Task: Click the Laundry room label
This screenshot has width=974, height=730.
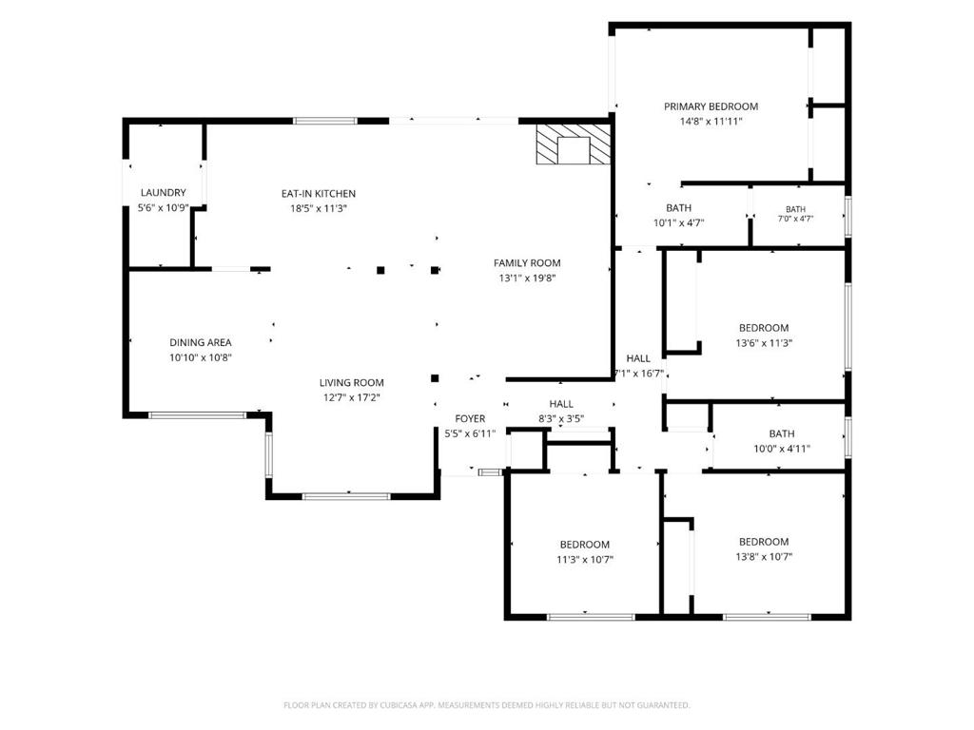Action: click(x=163, y=192)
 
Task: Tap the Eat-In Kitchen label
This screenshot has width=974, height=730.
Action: click(x=318, y=194)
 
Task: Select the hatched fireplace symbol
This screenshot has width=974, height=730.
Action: click(x=574, y=144)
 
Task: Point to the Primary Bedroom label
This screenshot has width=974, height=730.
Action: click(x=711, y=106)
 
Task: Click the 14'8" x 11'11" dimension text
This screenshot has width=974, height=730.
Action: click(x=711, y=122)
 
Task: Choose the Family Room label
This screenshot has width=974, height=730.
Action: click(x=527, y=263)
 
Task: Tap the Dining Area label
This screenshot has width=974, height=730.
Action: click(x=200, y=342)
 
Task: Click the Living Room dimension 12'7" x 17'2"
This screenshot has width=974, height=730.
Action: click(x=352, y=398)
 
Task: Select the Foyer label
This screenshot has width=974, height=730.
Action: click(x=470, y=419)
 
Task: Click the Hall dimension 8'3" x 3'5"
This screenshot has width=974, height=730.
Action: click(x=561, y=419)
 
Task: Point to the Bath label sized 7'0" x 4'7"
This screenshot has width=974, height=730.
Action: click(x=796, y=209)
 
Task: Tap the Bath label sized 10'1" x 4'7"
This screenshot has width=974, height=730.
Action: click(x=678, y=208)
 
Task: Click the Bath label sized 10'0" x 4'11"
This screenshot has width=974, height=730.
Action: click(x=782, y=433)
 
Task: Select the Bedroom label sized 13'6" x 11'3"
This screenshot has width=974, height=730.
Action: click(x=764, y=328)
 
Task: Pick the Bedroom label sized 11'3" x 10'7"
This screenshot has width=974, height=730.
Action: click(x=585, y=545)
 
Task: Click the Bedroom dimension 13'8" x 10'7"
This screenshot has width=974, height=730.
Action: click(x=764, y=557)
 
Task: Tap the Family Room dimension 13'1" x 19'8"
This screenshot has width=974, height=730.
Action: click(x=527, y=279)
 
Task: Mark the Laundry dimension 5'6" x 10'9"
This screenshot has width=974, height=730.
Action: click(x=163, y=208)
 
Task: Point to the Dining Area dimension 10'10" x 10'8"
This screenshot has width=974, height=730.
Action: click(x=200, y=357)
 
